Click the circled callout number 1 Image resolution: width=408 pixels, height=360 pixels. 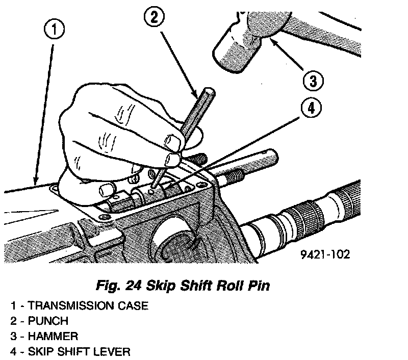55,30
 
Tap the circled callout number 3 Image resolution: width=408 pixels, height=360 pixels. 312,80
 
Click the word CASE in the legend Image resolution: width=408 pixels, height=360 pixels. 131,306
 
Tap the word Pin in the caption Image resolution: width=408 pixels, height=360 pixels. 256,286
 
